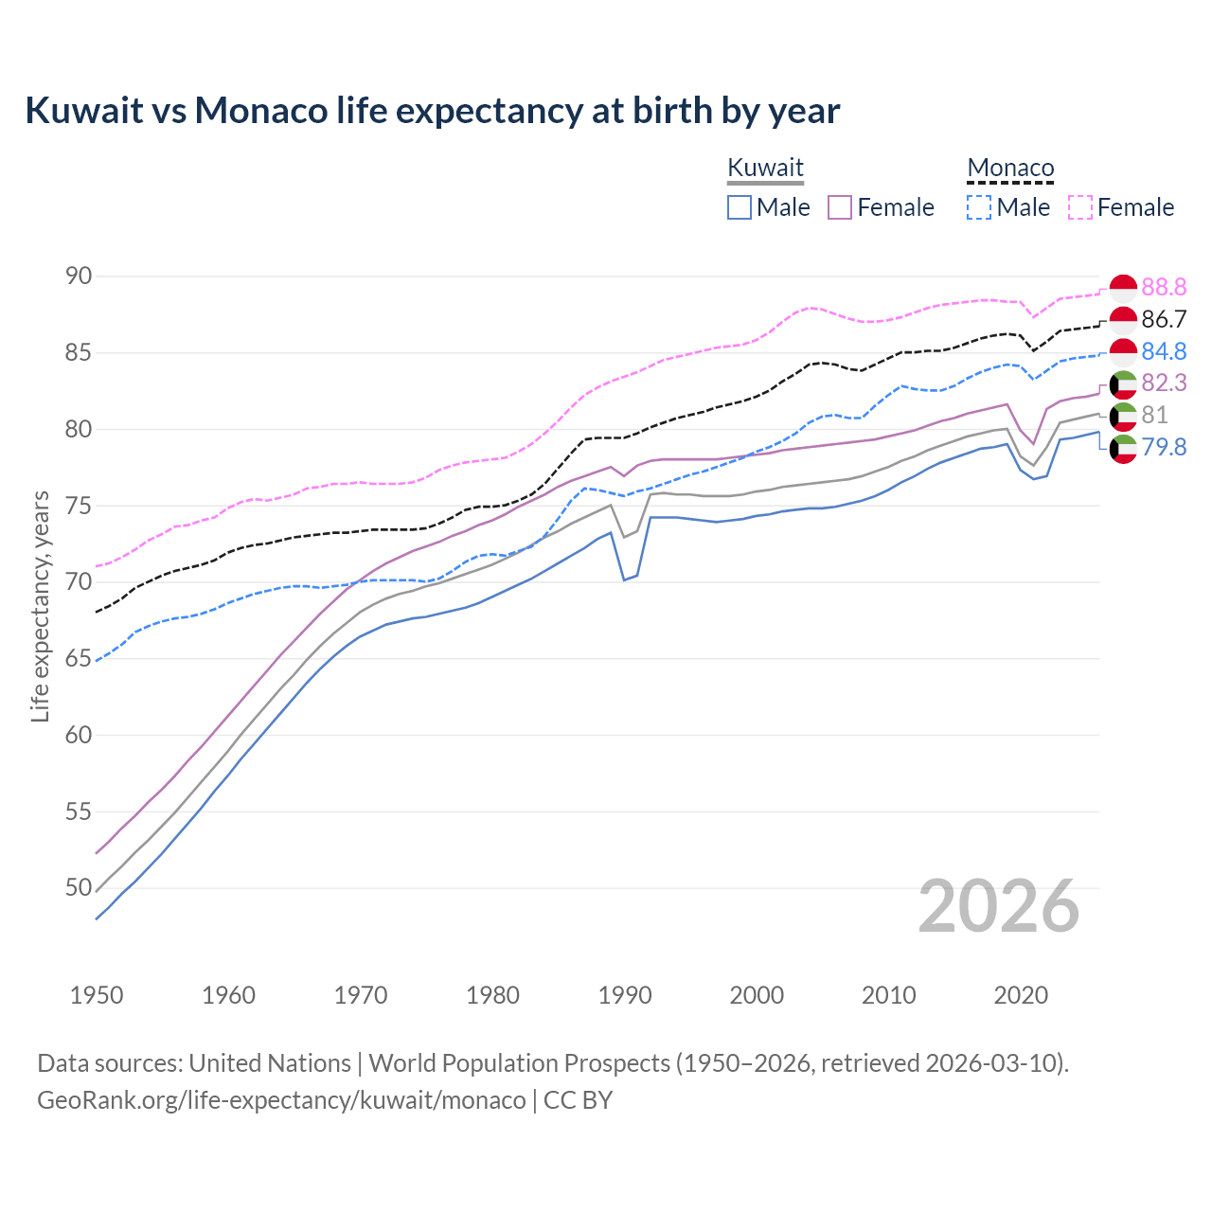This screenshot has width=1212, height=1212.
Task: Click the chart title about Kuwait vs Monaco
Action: (432, 111)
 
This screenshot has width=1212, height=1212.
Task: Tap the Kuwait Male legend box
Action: (740, 207)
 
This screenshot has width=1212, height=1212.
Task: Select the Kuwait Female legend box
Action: (840, 207)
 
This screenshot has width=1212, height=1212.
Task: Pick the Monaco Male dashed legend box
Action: (979, 207)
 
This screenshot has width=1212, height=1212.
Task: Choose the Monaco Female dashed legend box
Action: (1080, 207)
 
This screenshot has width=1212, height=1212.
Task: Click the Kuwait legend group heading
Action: (765, 168)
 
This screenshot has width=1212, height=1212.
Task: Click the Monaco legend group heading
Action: (1010, 168)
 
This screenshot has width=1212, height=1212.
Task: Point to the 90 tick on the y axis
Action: (79, 276)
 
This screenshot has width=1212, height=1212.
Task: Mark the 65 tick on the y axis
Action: (79, 658)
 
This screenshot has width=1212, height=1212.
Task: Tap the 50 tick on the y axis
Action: (79, 887)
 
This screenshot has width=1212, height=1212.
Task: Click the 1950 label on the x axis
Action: (97, 995)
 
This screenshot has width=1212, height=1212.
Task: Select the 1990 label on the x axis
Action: (625, 995)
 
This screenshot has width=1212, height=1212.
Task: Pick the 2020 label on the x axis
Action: (1021, 995)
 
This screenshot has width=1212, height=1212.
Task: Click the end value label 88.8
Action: (1164, 287)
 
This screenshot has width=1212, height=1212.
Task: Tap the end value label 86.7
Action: (1164, 319)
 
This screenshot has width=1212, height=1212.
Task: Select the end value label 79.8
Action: (1164, 447)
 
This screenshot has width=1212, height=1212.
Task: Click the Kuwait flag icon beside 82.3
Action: (1123, 383)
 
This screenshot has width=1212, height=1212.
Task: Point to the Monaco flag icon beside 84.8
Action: (1123, 351)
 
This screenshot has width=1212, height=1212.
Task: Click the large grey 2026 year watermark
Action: (998, 906)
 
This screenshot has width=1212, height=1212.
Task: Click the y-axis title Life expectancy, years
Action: (40, 606)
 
